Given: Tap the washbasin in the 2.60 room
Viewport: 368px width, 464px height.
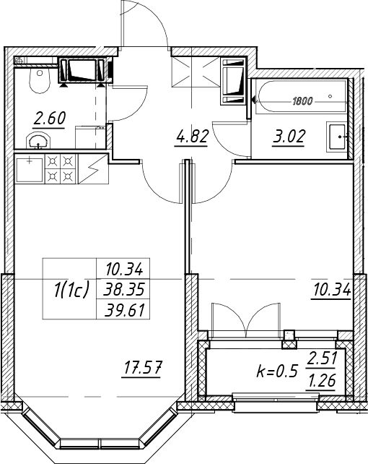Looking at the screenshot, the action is (x=38, y=140).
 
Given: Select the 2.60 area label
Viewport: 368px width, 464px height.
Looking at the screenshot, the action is (x=49, y=119).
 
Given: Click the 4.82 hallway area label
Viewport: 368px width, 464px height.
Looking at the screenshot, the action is (x=192, y=137).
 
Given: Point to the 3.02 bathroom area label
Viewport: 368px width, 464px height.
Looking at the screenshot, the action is (x=289, y=137).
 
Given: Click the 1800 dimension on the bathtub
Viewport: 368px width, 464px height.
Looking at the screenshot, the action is (x=302, y=101).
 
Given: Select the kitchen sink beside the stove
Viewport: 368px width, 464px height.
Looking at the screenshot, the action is (x=30, y=170).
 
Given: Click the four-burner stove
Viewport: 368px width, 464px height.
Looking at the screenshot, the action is (x=61, y=169).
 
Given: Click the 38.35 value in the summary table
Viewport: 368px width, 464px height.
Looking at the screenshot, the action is (x=124, y=290).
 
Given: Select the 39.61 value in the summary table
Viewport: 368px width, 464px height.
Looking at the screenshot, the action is (x=124, y=311).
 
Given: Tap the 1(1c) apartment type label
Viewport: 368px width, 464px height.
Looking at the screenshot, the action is (x=71, y=290).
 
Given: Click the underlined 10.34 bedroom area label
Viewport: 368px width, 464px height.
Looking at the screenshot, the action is (x=332, y=290).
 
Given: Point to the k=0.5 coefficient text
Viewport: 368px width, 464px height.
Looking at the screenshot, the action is (x=276, y=371).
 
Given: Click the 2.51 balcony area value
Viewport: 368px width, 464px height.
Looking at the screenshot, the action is (x=322, y=359).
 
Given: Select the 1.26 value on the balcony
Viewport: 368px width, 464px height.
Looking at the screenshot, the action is (x=322, y=381).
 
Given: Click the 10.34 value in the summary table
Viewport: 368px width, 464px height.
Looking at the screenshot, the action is (x=124, y=270).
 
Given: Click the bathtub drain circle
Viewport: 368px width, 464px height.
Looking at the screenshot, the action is (x=330, y=96).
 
